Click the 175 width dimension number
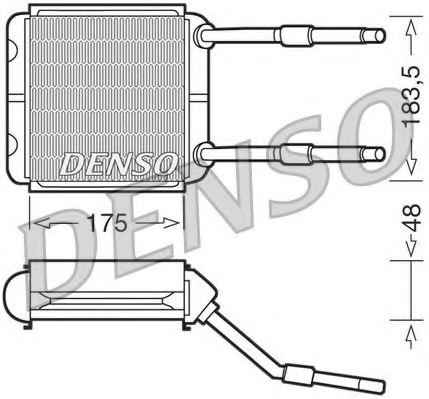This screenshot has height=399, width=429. [x=108, y=223]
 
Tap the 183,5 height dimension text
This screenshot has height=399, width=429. [x=411, y=97]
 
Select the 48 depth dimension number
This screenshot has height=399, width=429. [x=412, y=218]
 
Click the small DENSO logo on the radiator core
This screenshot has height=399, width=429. [x=118, y=164]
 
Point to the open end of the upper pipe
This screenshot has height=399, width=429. [x=380, y=35]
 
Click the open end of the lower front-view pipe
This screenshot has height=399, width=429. [x=380, y=154]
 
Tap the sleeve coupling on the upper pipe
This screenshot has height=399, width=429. [x=295, y=36]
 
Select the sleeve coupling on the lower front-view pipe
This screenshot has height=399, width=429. [x=295, y=154]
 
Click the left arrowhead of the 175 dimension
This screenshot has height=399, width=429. [x=43, y=223]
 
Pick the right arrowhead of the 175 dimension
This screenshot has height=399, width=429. [x=170, y=223]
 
